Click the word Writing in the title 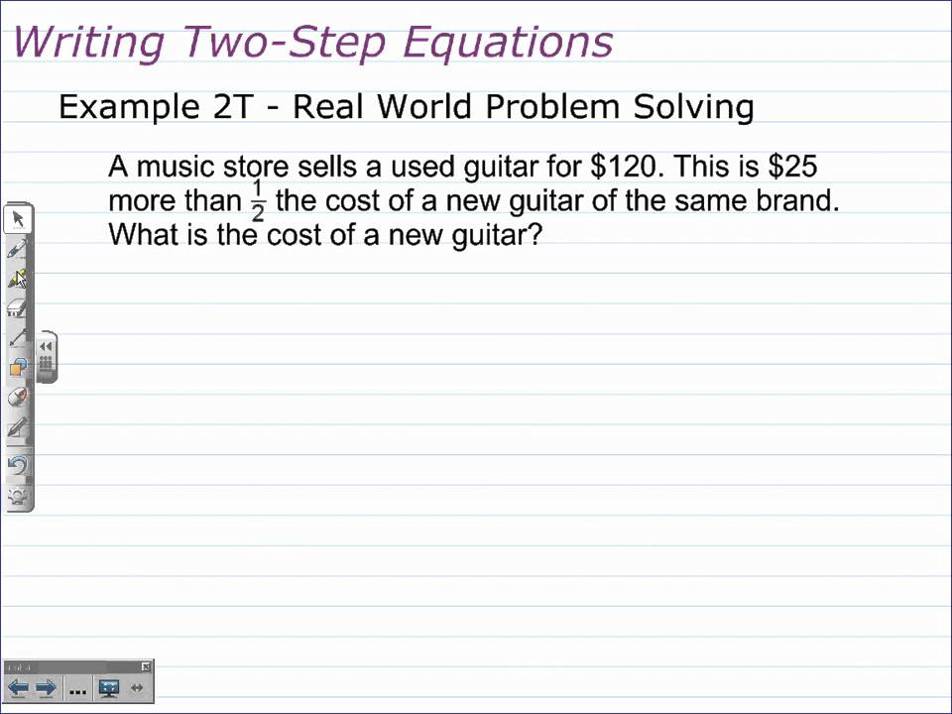(88, 43)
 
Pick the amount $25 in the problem (792, 166)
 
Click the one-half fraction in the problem (258, 201)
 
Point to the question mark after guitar (536, 236)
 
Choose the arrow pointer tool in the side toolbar (18, 219)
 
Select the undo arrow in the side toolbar (18, 465)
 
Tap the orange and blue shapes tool (18, 368)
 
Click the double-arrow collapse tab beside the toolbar (46, 346)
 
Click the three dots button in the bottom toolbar (78, 689)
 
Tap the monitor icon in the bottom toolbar (109, 688)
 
